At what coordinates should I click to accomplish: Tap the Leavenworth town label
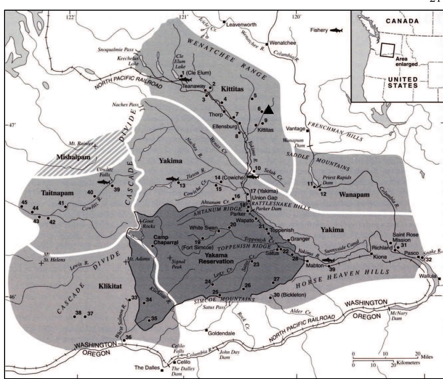pos(241,25)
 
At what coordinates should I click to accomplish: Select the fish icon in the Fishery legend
pos(336,30)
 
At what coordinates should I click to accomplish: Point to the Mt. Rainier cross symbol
pos(95,146)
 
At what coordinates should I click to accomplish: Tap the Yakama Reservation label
pos(216,258)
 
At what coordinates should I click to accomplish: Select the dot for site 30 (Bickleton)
pos(270,297)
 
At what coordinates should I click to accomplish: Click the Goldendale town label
pos(221,333)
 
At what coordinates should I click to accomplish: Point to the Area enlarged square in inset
pos(387,50)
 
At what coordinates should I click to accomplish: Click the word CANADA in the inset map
pos(402,21)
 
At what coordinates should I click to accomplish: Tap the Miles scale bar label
pos(426,357)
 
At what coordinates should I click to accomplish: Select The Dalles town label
pos(147,368)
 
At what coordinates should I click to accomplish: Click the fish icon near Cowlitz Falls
pos(104,182)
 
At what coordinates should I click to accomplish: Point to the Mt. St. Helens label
pos(54,257)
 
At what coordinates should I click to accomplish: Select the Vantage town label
pos(296,129)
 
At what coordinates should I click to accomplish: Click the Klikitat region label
pos(110,286)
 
